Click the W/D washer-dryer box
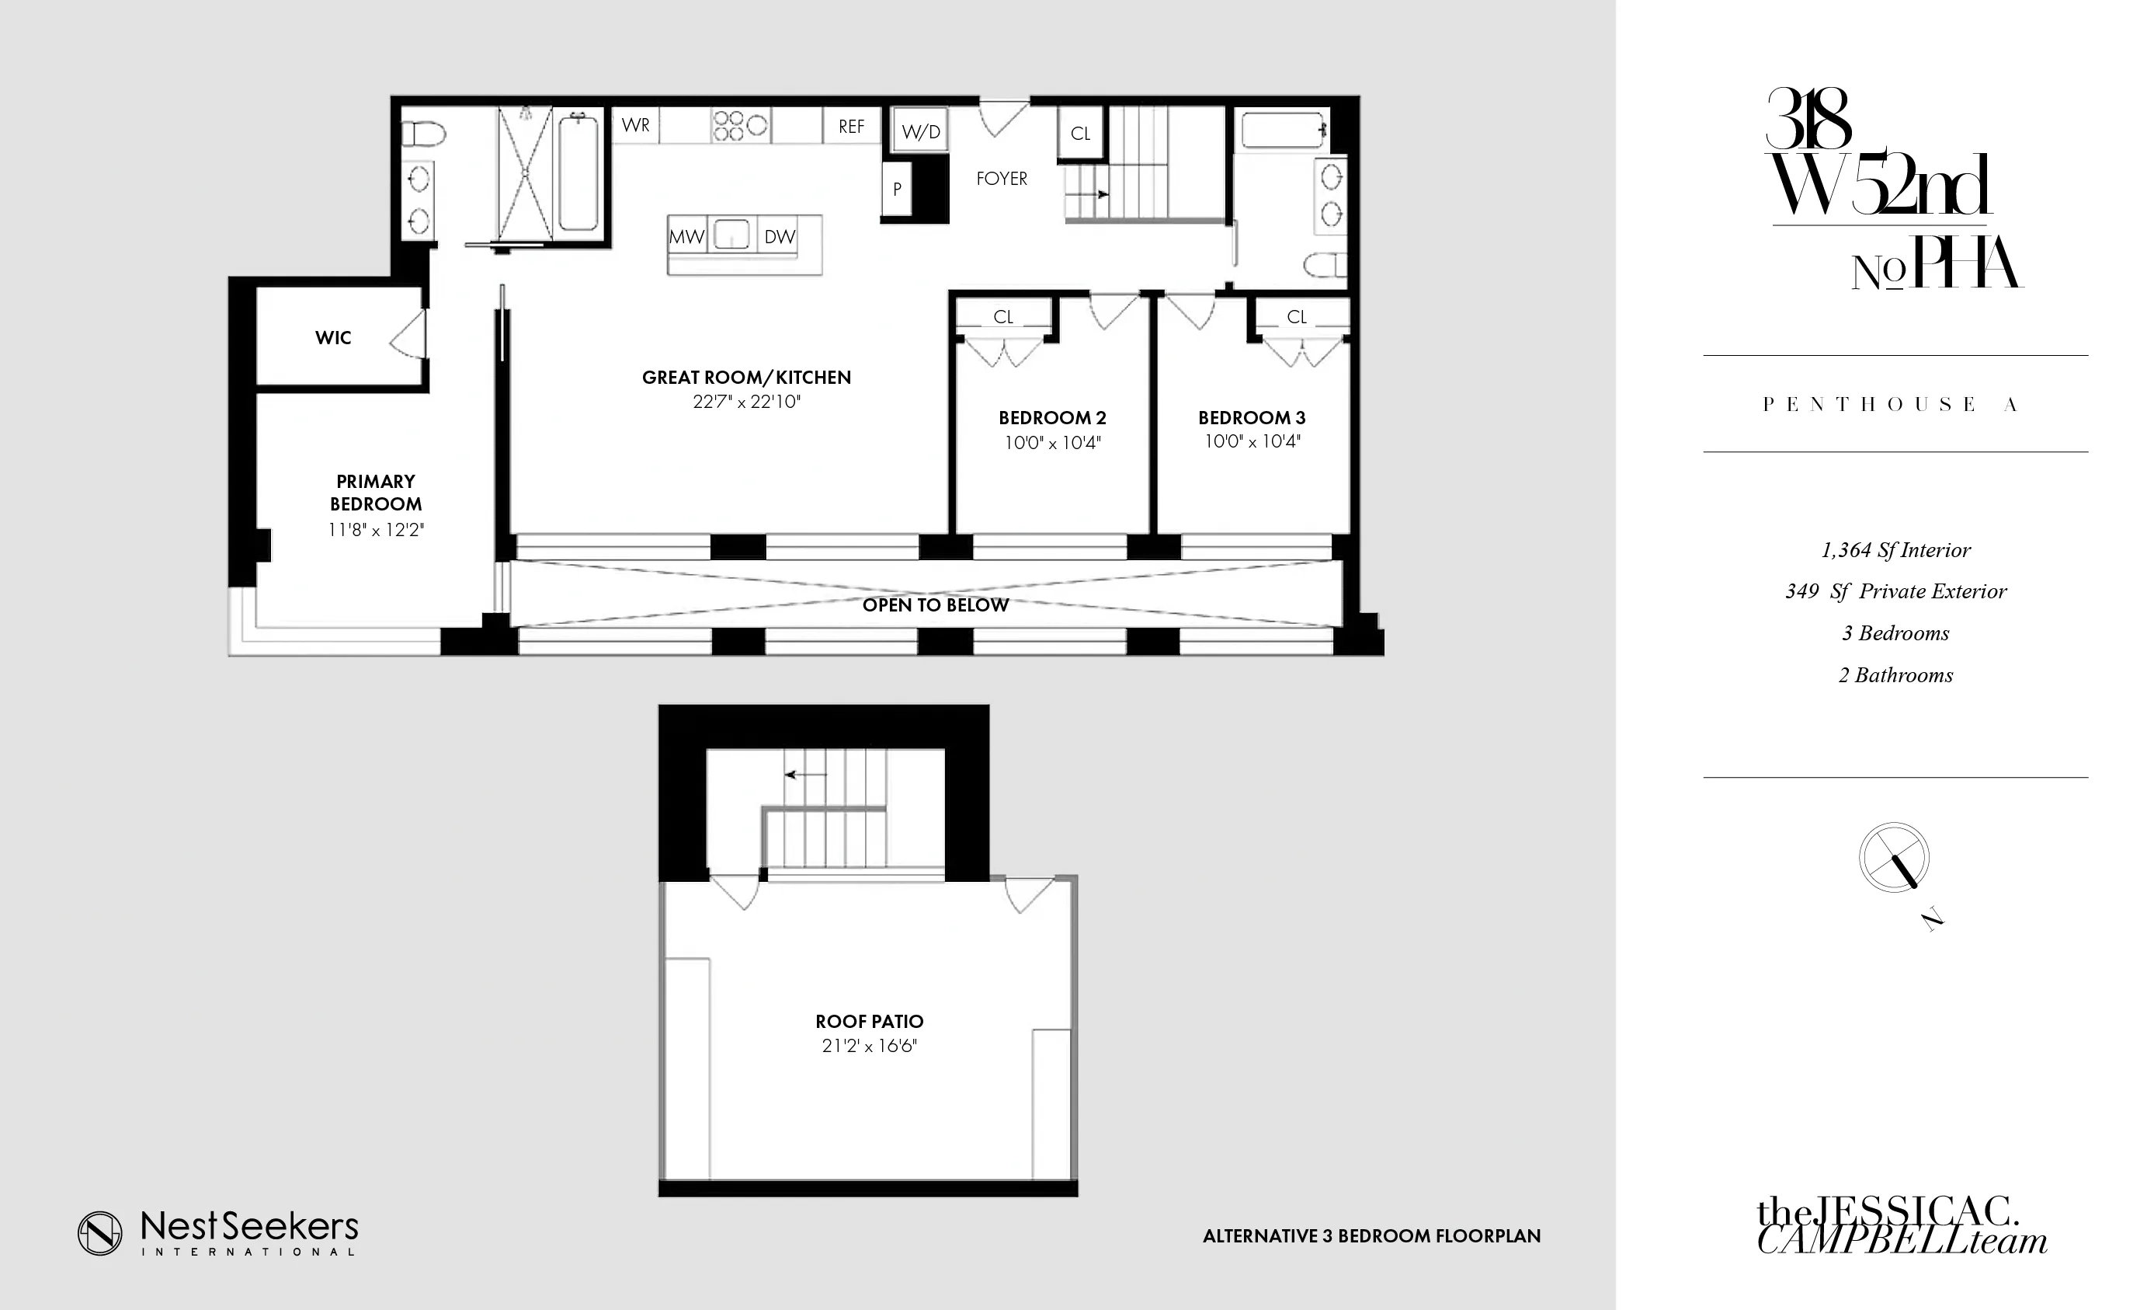point(920,132)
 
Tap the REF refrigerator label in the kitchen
point(850,127)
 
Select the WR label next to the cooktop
point(635,125)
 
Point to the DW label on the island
point(779,236)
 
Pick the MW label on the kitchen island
point(686,236)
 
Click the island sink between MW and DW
point(731,235)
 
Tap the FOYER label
point(1002,179)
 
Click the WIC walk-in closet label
point(333,337)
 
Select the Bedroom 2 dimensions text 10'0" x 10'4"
point(1052,443)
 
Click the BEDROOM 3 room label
point(1252,418)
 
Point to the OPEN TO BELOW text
point(936,605)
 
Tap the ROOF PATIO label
point(869,1022)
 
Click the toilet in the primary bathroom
point(423,134)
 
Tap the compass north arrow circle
point(1895,857)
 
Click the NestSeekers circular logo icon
point(99,1233)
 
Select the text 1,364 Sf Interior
point(1895,550)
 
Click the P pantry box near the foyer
point(897,189)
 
